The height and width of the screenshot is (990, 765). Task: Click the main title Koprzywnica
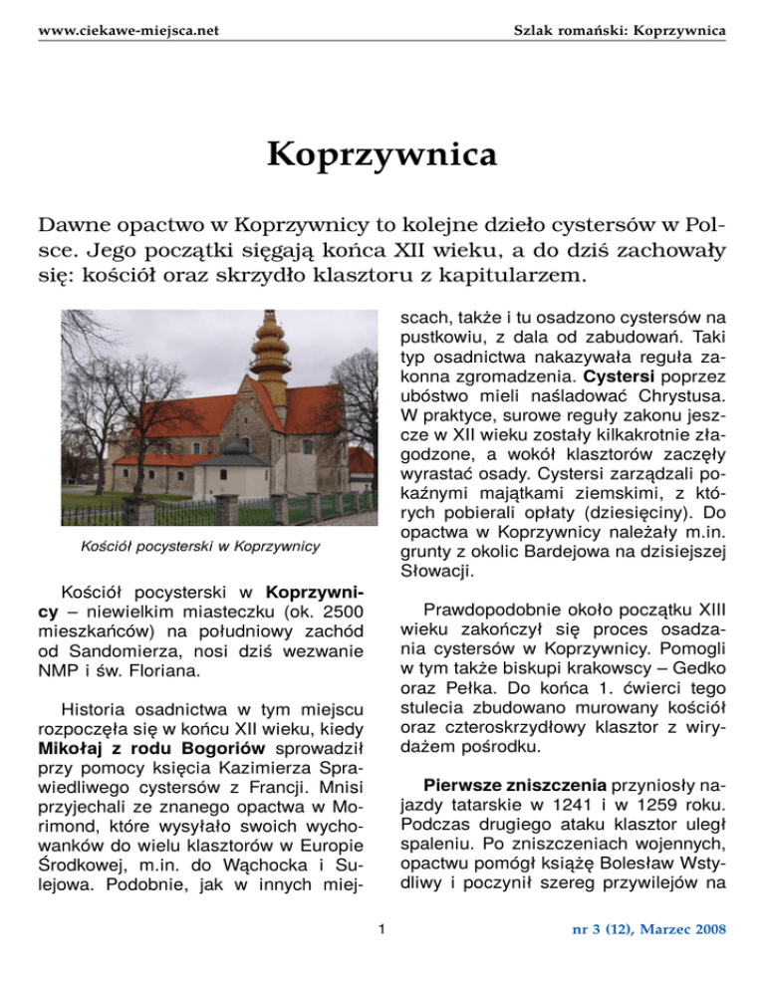382,156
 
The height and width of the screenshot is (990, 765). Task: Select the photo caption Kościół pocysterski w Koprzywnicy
199,546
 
